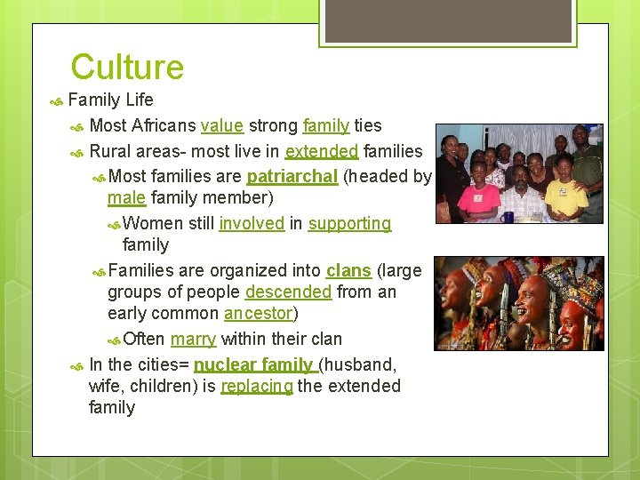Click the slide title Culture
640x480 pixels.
pos(127,68)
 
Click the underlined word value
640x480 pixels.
pos(222,126)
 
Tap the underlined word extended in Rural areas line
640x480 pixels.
pos(322,151)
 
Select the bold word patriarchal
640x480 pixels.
pos(292,176)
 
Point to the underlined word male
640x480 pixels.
pos(126,197)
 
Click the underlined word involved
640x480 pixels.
pos(252,223)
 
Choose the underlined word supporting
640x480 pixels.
pos(349,223)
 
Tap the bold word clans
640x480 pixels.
pos(348,270)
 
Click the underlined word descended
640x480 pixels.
pos(288,292)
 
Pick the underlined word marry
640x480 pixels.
pos(193,339)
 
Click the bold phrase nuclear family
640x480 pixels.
pos(253,364)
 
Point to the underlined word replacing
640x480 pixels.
pos(257,386)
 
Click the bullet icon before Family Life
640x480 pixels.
pos(56,100)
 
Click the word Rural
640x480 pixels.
pos(110,151)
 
